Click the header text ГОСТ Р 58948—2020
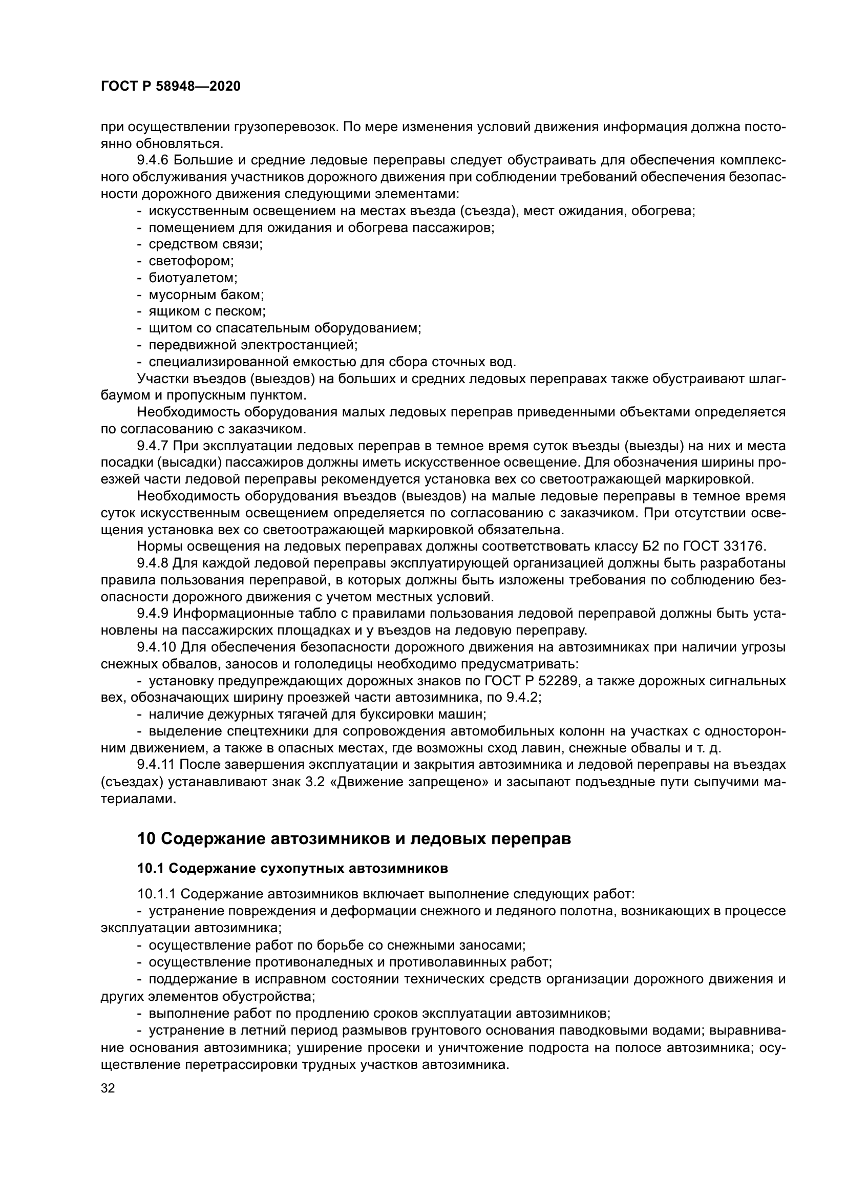click(171, 87)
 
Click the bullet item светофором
click(192, 261)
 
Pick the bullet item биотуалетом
click(193, 278)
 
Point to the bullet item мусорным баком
click(206, 295)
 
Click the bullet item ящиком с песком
click(207, 311)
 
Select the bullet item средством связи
click(205, 245)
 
